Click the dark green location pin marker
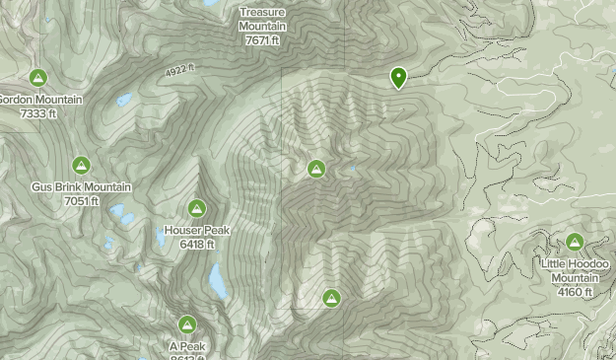tap(399, 78)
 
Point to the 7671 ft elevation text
tap(262, 40)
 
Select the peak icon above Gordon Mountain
tap(37, 78)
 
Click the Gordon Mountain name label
tap(40, 100)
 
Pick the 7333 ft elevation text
tap(37, 113)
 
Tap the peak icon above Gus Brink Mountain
tap(81, 166)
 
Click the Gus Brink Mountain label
tap(81, 187)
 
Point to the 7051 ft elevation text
tap(81, 201)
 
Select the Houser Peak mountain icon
tap(197, 208)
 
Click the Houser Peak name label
tap(197, 231)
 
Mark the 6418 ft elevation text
tap(197, 244)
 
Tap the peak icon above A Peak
tap(187, 324)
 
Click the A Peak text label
tap(187, 346)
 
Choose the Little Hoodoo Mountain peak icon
tap(575, 242)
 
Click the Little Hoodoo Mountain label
tap(575, 270)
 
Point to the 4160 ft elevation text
tap(575, 291)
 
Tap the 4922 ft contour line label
tap(178, 70)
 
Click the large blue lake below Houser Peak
tap(217, 281)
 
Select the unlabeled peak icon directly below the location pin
tap(316, 169)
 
